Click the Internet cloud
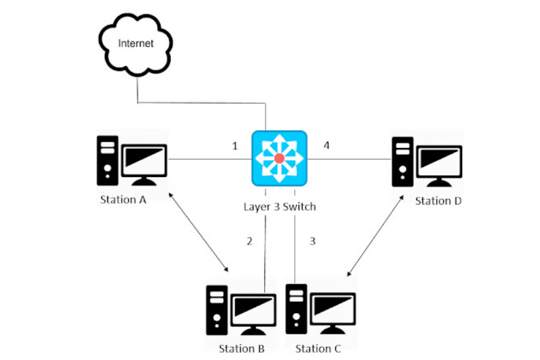(136, 46)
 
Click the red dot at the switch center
(279, 158)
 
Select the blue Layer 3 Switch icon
(279, 158)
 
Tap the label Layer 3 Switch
(280, 207)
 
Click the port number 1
(235, 146)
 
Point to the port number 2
(250, 241)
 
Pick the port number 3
(312, 241)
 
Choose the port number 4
(326, 146)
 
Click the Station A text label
(123, 200)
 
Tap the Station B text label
(242, 349)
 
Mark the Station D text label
(438, 201)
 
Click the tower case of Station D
(403, 161)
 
